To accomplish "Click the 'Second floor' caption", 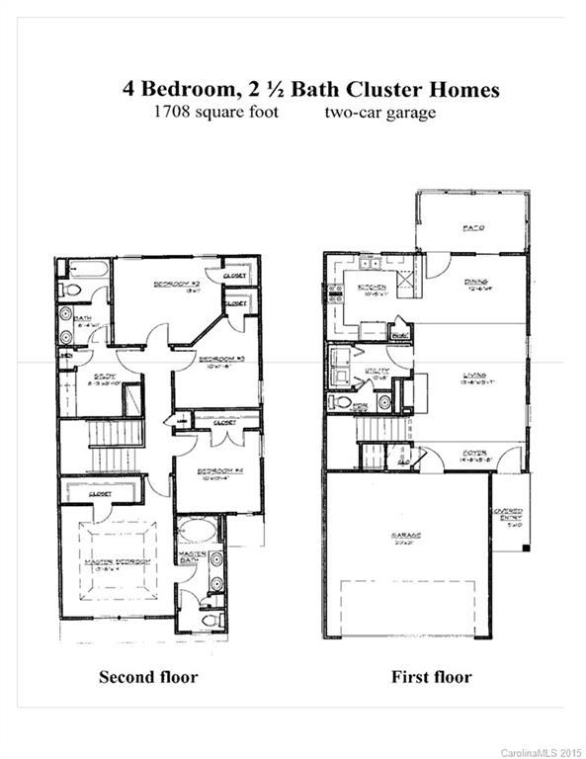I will coord(147,678).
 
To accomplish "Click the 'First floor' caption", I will coord(431,678).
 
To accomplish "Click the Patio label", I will coord(472,228).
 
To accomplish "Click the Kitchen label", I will coord(372,289).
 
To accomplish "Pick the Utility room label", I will coord(376,372).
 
